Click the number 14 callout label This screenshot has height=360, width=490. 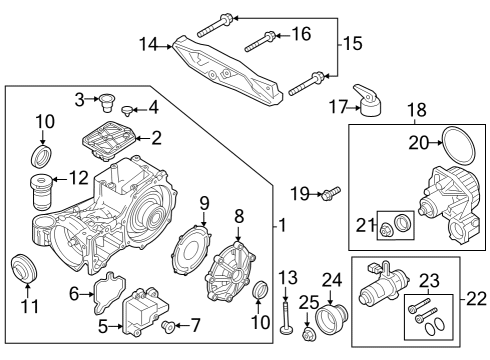coord(149,44)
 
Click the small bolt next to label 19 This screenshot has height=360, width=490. coord(331,190)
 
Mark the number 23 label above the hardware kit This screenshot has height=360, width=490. coord(428,281)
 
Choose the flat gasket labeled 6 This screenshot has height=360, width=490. coord(104,291)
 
